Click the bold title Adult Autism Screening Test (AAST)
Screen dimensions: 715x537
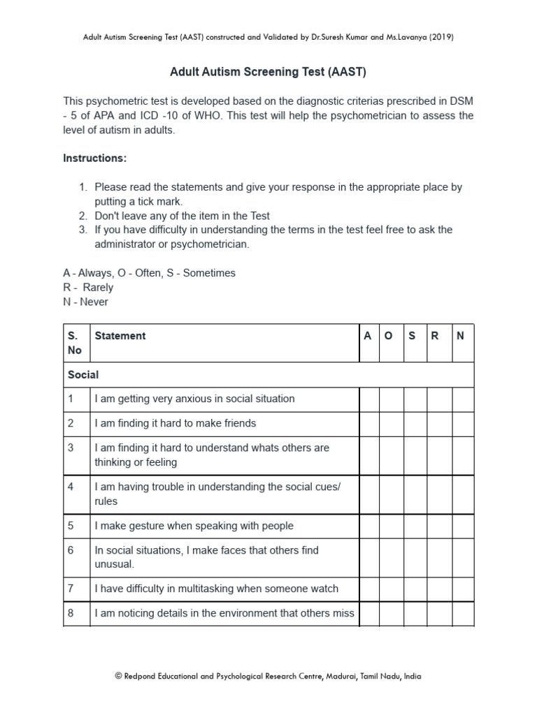(268, 72)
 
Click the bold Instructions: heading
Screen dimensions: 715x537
(95, 159)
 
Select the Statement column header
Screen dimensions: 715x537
(120, 336)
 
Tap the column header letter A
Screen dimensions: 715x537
(368, 336)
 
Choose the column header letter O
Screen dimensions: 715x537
(389, 336)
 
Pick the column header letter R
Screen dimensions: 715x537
(435, 336)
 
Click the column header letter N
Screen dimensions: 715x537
(460, 336)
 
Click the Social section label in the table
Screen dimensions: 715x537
(83, 375)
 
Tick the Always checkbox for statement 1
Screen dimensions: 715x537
(369, 399)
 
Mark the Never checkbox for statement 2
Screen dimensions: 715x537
(462, 423)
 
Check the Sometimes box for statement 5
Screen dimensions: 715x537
(415, 526)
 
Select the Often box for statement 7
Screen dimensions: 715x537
(392, 589)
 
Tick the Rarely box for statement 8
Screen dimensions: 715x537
(439, 614)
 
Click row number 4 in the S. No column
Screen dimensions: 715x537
(71, 487)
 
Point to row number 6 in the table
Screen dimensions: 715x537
(71, 550)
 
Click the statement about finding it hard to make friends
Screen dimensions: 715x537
(176, 423)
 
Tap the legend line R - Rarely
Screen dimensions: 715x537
(88, 288)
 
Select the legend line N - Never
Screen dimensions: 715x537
(86, 302)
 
